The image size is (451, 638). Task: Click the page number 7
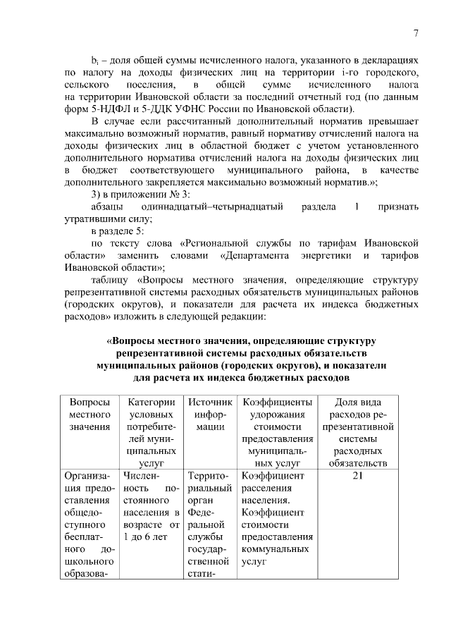(x=416, y=32)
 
